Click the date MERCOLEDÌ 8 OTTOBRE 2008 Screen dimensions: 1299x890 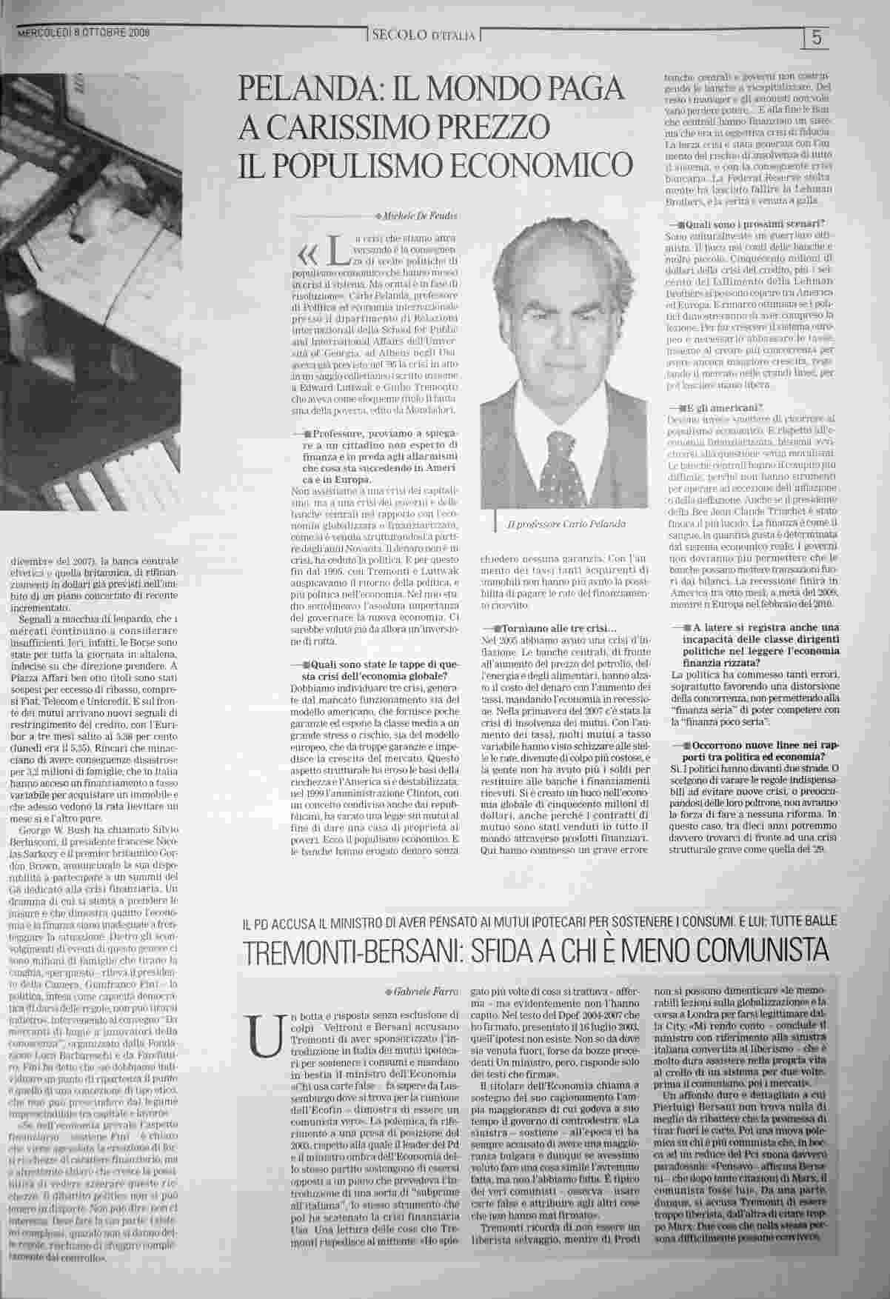(x=83, y=33)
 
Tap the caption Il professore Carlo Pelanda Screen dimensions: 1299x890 (x=566, y=524)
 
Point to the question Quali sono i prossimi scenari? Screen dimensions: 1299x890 (x=755, y=223)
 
